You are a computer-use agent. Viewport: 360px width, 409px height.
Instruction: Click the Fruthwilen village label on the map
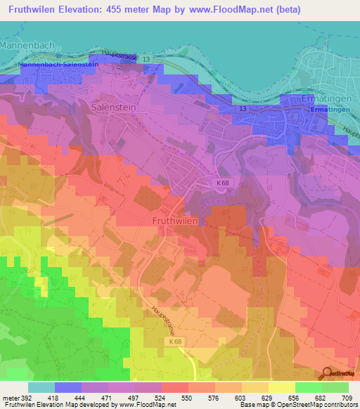coord(175,220)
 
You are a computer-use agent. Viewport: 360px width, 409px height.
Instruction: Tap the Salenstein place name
coord(112,108)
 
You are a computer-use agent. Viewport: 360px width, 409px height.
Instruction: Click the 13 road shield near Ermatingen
coord(242,110)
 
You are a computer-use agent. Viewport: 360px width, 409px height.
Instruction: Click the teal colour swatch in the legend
coord(41,387)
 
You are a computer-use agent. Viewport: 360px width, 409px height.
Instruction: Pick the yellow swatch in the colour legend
coord(282,387)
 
